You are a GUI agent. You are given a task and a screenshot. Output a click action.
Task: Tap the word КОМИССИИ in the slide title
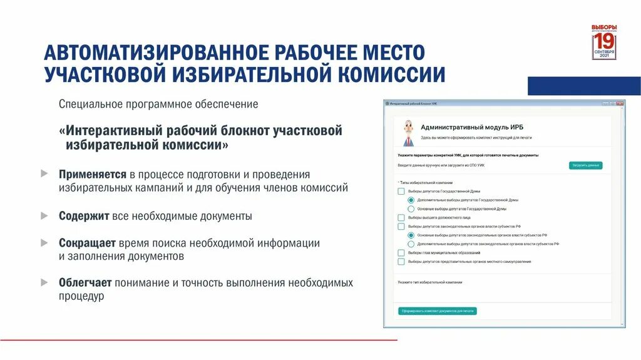[392, 75]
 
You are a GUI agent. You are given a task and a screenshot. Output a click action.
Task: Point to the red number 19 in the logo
[604, 41]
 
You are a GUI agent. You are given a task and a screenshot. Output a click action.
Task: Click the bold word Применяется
[93, 174]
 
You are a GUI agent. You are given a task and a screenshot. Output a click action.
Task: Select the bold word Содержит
[85, 216]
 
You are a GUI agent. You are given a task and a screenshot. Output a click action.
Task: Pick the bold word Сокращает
[87, 243]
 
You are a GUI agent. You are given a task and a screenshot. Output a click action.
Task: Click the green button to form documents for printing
[437, 311]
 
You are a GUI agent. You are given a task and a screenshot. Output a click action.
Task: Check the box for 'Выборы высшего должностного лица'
[401, 217]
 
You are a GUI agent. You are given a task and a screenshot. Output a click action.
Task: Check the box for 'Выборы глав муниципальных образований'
[401, 252]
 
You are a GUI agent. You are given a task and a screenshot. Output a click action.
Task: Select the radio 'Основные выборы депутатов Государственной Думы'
[411, 208]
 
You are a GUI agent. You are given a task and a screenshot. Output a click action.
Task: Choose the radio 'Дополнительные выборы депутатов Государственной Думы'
[411, 200]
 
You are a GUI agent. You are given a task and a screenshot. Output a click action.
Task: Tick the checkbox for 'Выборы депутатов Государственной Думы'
[401, 191]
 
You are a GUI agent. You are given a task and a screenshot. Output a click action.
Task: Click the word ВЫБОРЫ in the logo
[604, 27]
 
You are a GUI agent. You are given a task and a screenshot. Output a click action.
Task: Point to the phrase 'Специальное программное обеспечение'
[158, 104]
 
